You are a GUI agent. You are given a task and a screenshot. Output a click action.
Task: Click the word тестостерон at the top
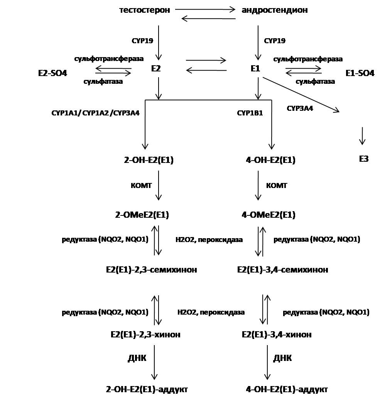(x=145, y=10)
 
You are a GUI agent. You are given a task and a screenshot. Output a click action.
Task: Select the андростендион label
(x=274, y=10)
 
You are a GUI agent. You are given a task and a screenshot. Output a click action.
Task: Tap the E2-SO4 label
(x=52, y=73)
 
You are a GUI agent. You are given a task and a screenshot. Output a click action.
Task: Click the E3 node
(x=363, y=159)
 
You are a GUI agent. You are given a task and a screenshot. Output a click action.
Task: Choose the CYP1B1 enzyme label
(x=250, y=113)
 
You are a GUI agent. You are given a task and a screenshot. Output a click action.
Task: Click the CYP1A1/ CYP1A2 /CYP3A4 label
(x=95, y=113)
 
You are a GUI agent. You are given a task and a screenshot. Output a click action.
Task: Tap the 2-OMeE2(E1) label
(x=142, y=215)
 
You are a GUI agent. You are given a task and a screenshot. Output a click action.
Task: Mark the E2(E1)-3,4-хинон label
(x=277, y=334)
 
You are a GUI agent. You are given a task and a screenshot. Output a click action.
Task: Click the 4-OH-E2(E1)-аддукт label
(x=287, y=389)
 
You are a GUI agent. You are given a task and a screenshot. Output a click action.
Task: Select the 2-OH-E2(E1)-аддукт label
(x=147, y=389)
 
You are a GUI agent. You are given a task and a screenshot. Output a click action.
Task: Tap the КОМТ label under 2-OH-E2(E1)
(x=142, y=186)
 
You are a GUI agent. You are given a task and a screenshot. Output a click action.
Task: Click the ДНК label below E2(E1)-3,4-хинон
(x=282, y=358)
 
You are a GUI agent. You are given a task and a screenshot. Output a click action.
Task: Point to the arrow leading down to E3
(x=362, y=135)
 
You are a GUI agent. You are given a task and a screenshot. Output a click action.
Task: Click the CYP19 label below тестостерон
(x=143, y=41)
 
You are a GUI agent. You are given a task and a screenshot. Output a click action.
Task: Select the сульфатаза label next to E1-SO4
(x=315, y=81)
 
